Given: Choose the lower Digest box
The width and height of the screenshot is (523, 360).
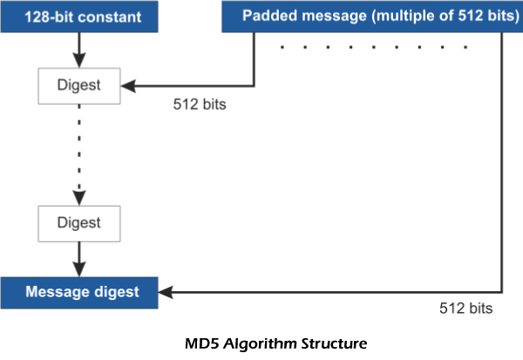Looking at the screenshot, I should (x=79, y=223).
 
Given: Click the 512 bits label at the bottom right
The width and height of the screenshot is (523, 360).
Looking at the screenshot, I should (x=466, y=308).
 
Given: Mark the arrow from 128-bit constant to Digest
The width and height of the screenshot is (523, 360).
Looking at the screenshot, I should (x=79, y=48).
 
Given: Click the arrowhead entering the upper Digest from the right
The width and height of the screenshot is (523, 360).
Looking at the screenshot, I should (x=127, y=85).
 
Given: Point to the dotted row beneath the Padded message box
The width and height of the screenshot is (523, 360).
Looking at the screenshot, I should (x=375, y=46).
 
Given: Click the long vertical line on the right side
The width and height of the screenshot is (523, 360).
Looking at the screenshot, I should (x=503, y=166).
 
